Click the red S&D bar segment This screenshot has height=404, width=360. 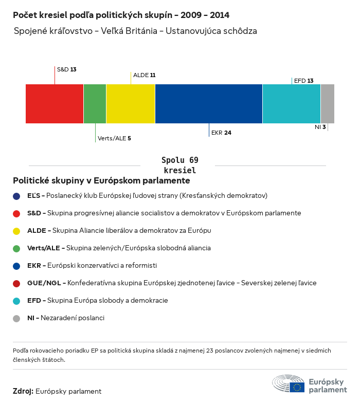(x=55, y=104)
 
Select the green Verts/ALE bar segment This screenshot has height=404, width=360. (x=95, y=104)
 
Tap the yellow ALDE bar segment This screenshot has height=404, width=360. (x=131, y=104)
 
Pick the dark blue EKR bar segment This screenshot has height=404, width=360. (x=209, y=104)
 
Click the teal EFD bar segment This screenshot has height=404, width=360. (x=292, y=104)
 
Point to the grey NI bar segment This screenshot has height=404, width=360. (x=328, y=104)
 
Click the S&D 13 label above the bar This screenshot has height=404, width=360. (x=66, y=69)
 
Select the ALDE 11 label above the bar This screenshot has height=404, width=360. (x=144, y=75)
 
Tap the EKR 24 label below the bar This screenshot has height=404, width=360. (x=221, y=133)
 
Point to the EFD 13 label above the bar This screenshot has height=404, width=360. (x=303, y=81)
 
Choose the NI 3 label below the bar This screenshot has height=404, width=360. (x=320, y=126)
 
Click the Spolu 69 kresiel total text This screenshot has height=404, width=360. (x=179, y=165)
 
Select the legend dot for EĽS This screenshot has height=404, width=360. (x=16, y=196)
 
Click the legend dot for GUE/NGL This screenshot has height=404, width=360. (x=16, y=283)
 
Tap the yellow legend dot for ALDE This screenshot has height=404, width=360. (x=16, y=231)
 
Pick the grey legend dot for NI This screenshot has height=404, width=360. (x=16, y=318)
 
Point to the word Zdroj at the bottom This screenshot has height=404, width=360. (x=23, y=391)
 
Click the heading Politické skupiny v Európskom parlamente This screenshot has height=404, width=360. (x=101, y=181)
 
